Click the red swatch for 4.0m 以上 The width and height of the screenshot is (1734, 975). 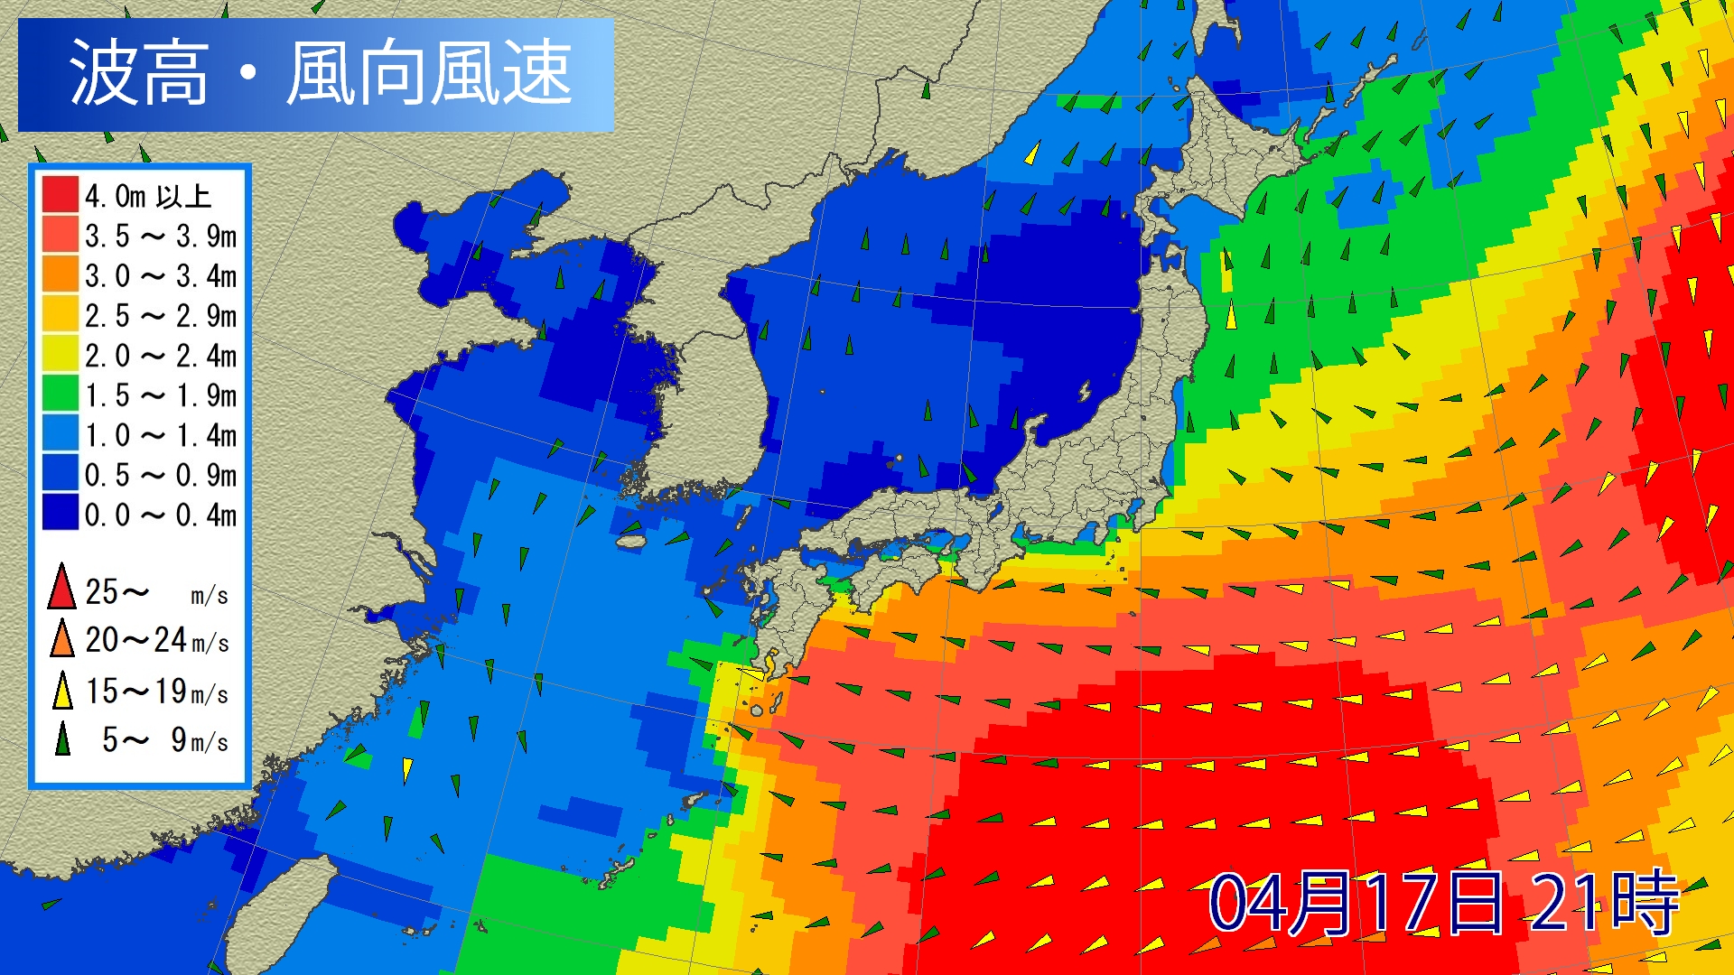click(60, 195)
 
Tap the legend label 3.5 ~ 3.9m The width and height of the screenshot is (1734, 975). click(161, 237)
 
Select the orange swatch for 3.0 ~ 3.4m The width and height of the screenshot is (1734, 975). click(60, 274)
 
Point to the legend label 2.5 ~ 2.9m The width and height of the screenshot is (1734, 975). click(161, 316)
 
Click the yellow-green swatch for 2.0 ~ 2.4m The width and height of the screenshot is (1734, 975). click(60, 355)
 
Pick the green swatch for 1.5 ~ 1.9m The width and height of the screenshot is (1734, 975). click(60, 395)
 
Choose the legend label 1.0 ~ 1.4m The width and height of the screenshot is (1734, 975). click(161, 435)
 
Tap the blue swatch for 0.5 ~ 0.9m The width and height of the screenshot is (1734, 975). click(60, 474)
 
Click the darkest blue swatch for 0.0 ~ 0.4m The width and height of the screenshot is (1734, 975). click(60, 514)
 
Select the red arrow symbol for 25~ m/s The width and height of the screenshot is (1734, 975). click(61, 587)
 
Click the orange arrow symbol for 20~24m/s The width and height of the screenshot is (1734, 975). click(61, 639)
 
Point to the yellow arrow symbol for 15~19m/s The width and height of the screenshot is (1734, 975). click(61, 691)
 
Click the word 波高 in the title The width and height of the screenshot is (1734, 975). click(138, 73)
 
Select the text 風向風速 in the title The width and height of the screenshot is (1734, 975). click(429, 73)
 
